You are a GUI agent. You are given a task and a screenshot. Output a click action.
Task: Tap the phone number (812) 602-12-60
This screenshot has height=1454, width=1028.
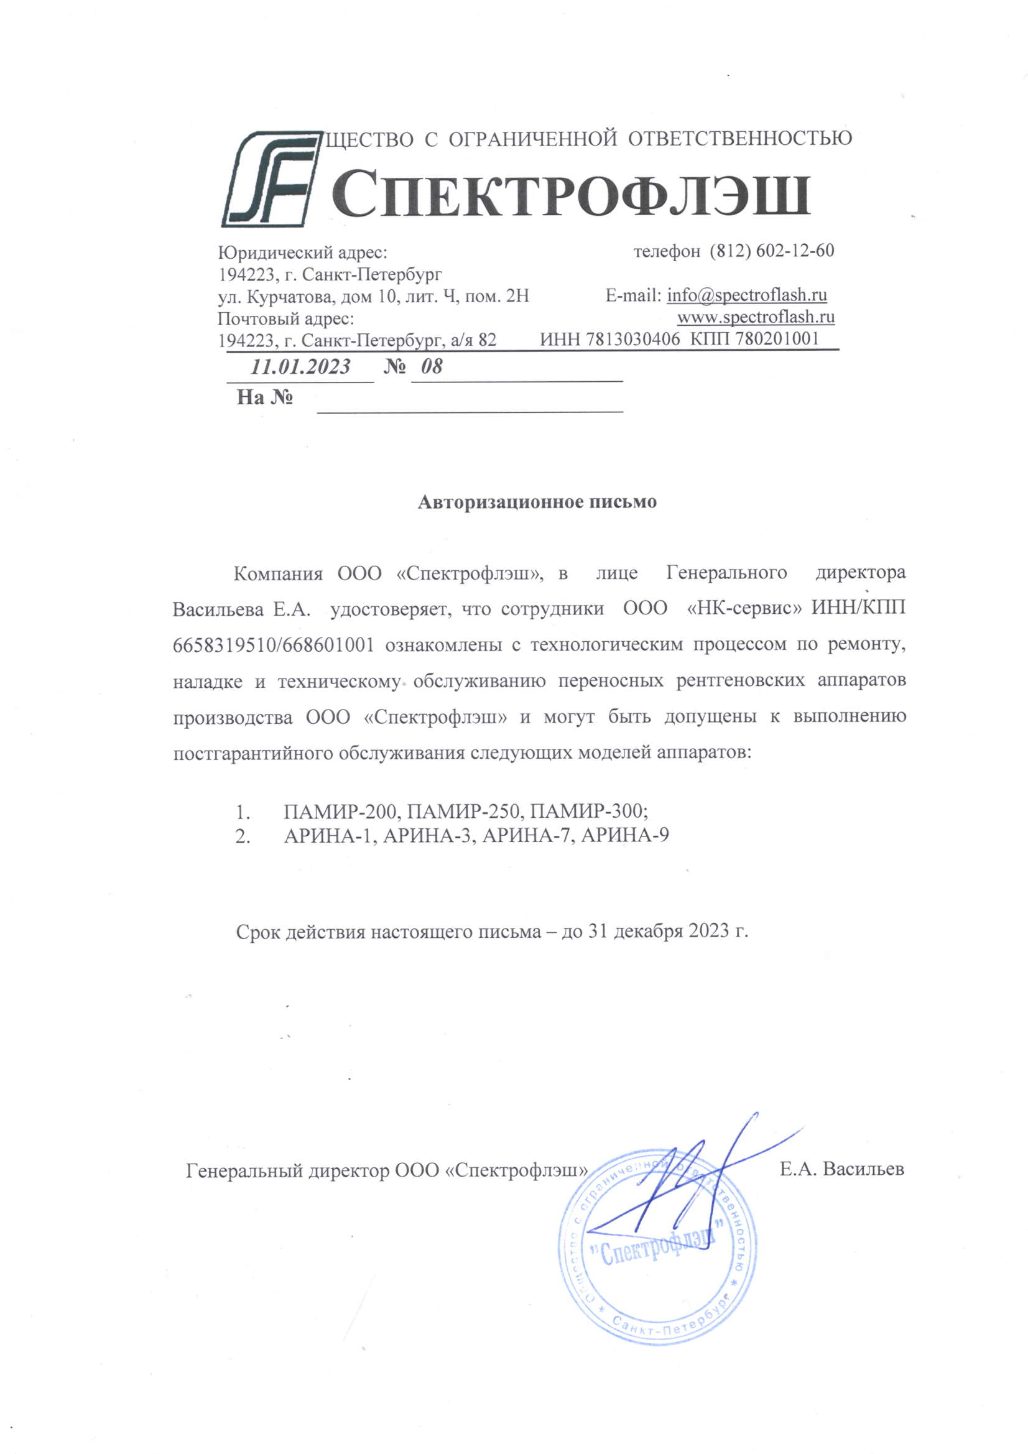coord(772,251)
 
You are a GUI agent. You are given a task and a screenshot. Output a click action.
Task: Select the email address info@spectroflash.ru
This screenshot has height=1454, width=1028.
coord(747,295)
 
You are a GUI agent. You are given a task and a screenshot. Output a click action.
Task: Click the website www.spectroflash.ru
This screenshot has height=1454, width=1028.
coord(756,317)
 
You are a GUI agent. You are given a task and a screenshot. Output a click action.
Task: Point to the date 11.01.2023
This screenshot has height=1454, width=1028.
coord(300,367)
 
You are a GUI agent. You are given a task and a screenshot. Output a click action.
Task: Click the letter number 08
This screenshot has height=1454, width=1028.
coord(432,367)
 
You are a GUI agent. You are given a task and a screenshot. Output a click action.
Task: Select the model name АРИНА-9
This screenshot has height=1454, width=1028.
coord(624,836)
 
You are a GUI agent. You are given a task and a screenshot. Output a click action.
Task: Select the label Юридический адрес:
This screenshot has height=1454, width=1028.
coord(302,253)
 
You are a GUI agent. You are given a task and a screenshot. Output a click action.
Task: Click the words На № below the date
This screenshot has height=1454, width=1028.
coord(264,397)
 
